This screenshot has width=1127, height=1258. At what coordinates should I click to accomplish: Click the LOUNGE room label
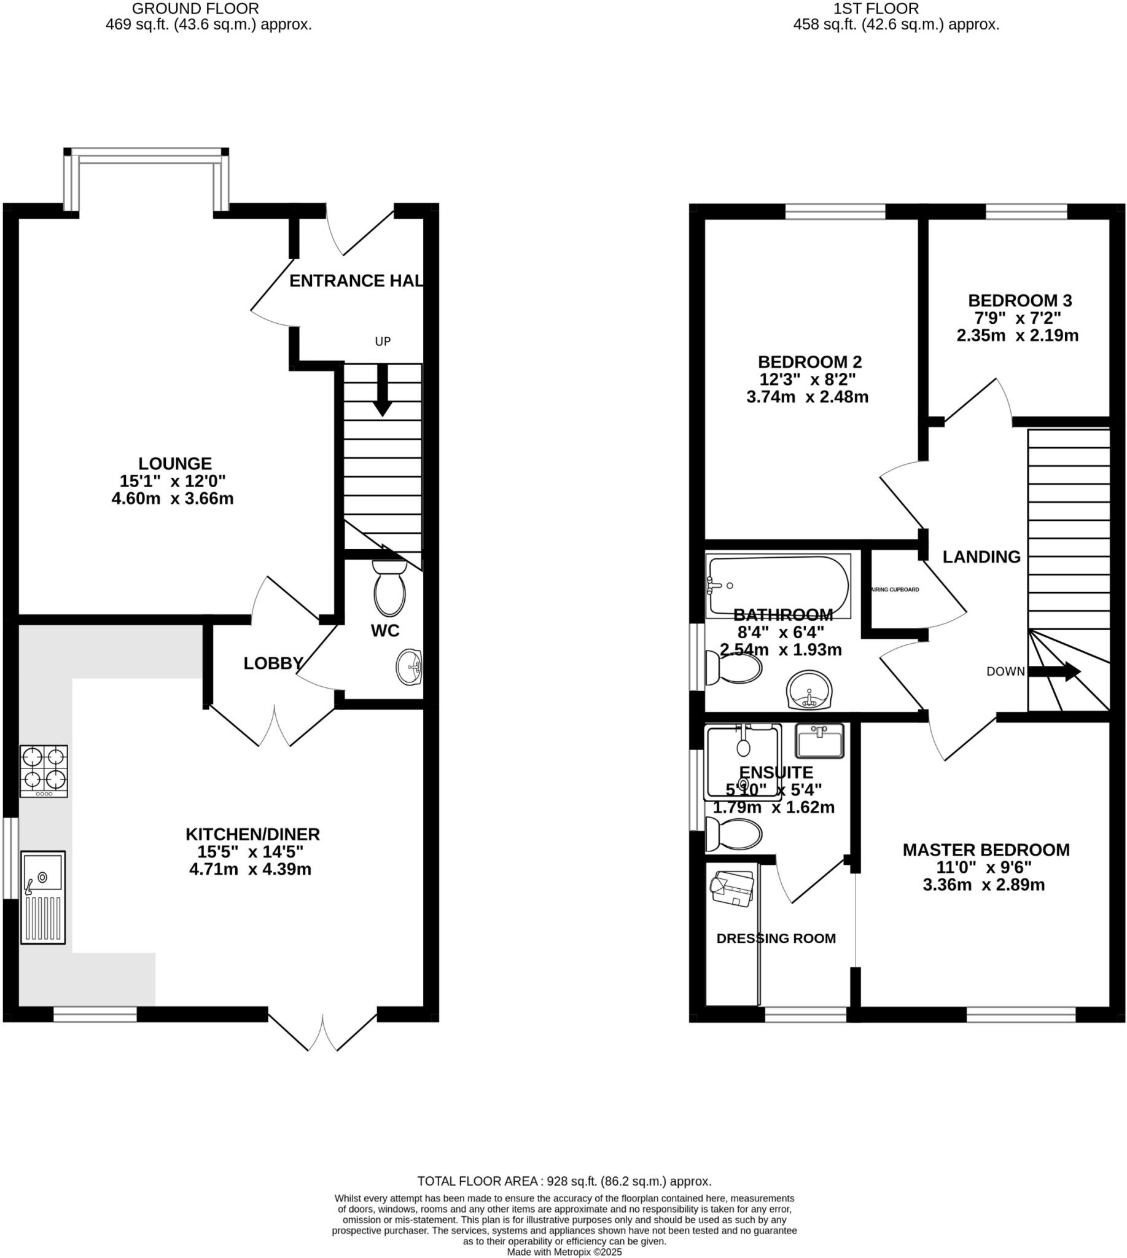coord(174,463)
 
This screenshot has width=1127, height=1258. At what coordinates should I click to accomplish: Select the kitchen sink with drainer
coord(43,897)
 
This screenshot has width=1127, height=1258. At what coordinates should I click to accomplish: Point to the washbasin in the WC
coord(409,667)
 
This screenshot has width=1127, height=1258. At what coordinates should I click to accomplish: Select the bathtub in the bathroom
coord(778,585)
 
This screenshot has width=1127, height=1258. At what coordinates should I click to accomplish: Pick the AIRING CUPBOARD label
coord(895,590)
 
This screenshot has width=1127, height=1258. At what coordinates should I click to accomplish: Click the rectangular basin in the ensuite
coord(820,741)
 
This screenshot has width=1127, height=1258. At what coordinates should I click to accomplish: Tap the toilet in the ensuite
coord(735,834)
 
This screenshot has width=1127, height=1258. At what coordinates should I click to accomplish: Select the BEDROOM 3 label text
coord(1020,300)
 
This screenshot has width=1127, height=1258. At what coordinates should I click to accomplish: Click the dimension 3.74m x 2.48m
coord(808,397)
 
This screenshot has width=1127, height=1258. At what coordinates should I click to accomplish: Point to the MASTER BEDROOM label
coord(986,850)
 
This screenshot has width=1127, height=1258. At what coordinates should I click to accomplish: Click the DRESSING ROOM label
coord(776,939)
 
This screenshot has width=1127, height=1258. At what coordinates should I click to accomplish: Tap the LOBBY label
coord(273,663)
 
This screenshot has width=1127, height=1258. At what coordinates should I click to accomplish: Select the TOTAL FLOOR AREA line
coord(564,1181)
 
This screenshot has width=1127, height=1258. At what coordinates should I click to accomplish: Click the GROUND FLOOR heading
coord(195,9)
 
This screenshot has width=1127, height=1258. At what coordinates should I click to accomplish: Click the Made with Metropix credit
coord(564,1252)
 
